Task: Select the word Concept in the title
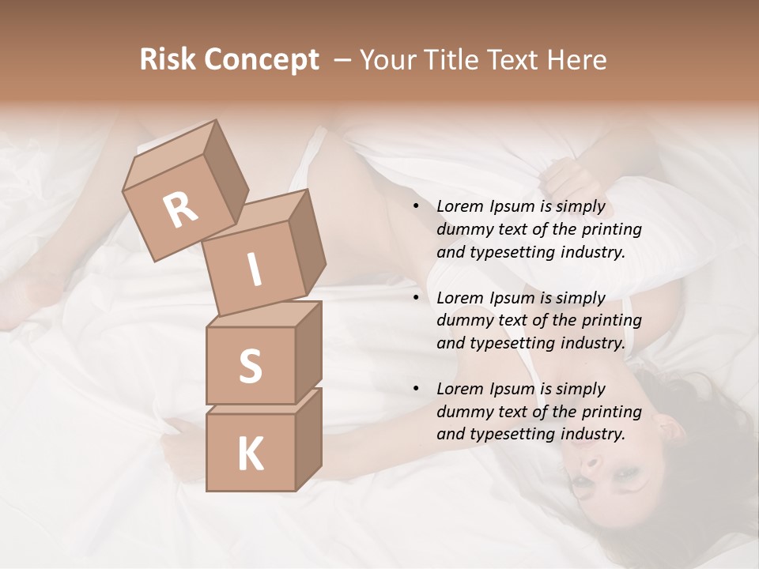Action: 261,61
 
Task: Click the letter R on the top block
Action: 180,209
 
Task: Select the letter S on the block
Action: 250,366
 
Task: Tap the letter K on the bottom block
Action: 250,454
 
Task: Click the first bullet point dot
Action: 415,207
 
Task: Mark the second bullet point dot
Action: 415,298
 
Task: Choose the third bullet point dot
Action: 415,389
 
